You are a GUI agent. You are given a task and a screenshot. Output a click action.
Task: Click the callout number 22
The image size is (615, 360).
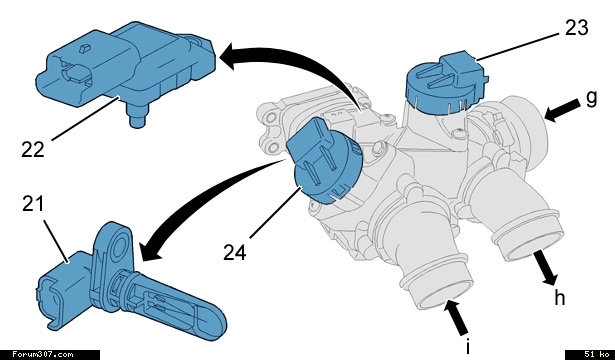point(33,150)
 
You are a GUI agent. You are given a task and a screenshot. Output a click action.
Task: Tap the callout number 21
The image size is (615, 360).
point(33,204)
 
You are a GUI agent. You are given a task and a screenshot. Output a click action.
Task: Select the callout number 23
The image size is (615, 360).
point(577,28)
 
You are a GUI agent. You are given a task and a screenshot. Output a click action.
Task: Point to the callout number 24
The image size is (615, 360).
point(235,252)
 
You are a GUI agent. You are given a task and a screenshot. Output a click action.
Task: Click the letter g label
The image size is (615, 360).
point(591,98)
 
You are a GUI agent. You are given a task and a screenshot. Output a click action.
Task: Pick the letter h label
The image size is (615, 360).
point(560,297)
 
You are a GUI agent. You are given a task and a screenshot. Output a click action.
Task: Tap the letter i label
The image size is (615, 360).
point(467,347)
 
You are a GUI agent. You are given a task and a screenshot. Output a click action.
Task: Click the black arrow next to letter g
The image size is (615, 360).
point(562,110)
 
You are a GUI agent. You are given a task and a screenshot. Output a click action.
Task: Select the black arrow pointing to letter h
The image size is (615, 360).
point(545,268)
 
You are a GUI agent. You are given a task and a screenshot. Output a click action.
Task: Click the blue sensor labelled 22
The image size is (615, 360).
point(126,71)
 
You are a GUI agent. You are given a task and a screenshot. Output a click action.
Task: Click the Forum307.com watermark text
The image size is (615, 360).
point(42,355)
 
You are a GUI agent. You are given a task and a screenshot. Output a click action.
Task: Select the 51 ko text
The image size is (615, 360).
point(597,355)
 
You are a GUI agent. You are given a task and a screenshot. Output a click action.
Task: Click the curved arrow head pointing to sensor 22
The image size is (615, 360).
point(230,56)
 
